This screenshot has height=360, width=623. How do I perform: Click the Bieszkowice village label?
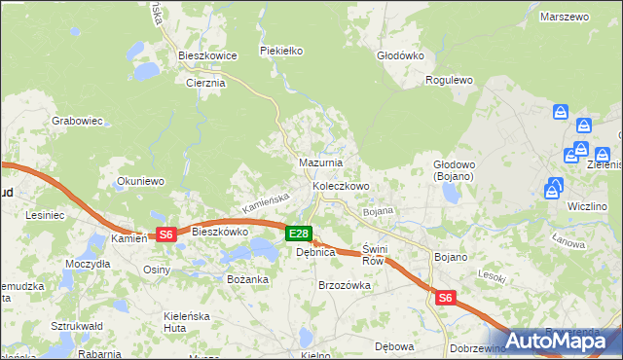pos(208,56)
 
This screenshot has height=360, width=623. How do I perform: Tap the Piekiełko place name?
pos(282,51)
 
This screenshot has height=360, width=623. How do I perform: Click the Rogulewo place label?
pos(450,81)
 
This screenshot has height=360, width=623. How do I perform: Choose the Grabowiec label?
pos(78,122)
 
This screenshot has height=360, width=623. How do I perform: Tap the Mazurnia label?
pos(319,162)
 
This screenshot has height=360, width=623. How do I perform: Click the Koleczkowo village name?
pos(341,186)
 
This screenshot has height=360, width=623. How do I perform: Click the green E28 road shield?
pos(299,234)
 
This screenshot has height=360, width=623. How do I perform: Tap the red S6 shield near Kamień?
pos(165,234)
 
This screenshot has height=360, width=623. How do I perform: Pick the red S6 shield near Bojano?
pos(445,299)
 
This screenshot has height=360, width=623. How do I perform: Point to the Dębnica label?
pos(315,252)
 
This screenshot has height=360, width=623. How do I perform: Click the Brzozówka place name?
pos(346,285)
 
